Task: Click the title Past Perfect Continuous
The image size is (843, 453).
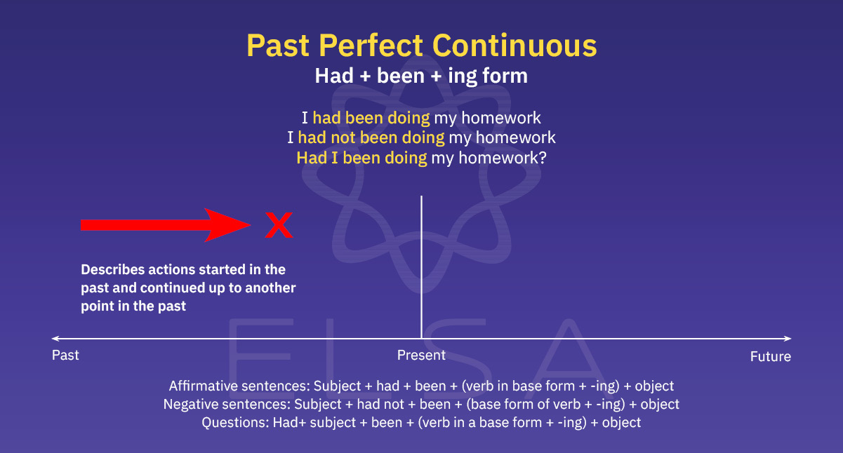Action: tap(421, 46)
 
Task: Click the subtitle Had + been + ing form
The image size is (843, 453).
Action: tap(421, 76)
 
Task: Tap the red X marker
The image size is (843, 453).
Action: tap(279, 226)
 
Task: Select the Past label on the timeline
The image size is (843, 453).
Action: tap(65, 356)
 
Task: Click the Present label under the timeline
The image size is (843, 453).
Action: tap(421, 356)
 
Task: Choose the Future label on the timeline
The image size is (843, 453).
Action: tap(770, 357)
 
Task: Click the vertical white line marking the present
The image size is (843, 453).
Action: tap(421, 266)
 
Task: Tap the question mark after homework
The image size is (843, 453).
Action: tap(541, 158)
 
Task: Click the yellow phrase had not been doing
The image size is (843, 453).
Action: tap(371, 137)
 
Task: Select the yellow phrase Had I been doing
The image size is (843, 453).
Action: tap(361, 158)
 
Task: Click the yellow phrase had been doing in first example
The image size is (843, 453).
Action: tap(371, 118)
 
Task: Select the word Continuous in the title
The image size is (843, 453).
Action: tap(515, 46)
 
